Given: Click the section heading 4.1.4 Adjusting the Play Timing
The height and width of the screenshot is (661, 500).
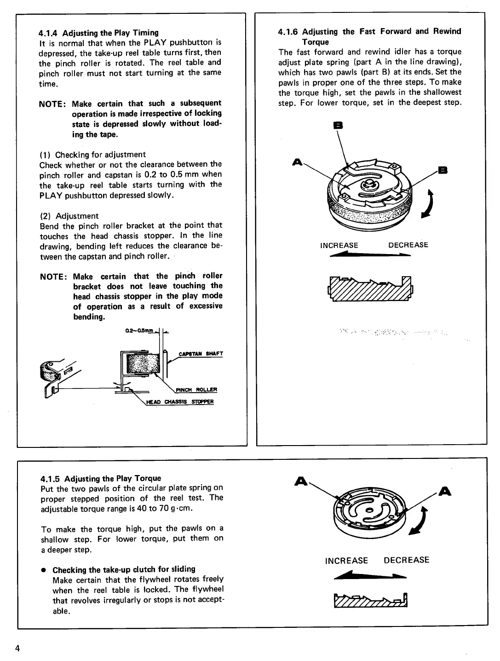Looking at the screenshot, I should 98,33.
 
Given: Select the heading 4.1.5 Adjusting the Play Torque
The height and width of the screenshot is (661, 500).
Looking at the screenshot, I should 101,478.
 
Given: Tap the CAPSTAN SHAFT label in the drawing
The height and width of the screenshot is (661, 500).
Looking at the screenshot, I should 201,354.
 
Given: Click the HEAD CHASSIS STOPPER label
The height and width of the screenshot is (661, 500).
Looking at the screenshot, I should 180,401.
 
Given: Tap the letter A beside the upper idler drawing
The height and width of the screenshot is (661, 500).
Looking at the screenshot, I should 297,162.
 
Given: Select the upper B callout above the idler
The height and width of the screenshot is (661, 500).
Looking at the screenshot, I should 341,125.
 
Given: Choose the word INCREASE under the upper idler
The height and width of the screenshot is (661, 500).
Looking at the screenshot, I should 339,245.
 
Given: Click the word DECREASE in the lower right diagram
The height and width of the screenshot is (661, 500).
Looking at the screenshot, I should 406,560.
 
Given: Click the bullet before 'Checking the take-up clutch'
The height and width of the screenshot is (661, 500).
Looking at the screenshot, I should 43,570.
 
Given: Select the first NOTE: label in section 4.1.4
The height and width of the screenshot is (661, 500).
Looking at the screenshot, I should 52,104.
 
